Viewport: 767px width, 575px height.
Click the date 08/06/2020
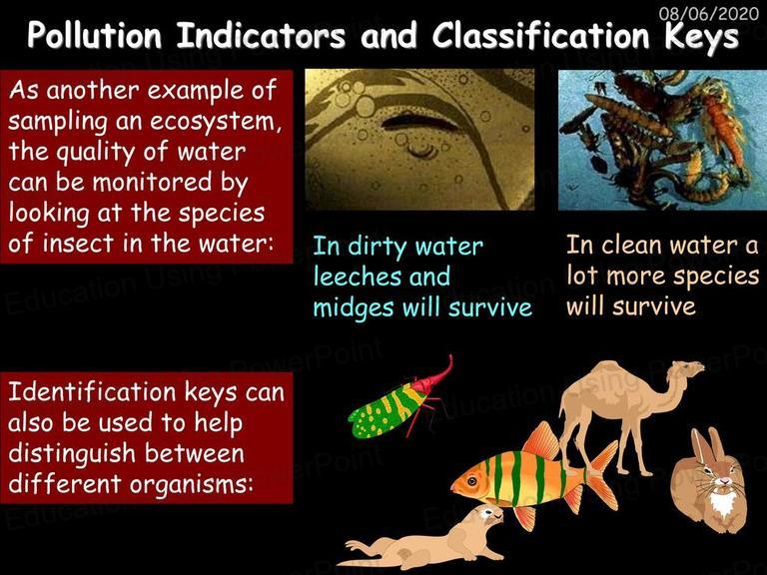point(709,12)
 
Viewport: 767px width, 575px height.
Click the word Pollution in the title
point(95,36)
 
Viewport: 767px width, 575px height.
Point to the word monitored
point(152,182)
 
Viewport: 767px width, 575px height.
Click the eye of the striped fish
point(471,482)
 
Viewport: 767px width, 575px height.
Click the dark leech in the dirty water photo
point(419,121)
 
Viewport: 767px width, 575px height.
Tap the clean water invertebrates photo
point(662,140)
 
